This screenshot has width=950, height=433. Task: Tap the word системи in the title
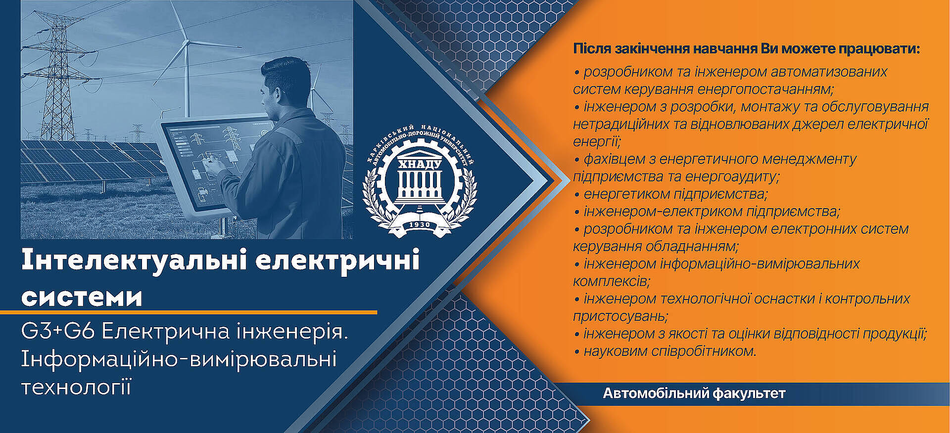pos(82,297)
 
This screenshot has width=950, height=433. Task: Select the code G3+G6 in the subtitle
pos(58,332)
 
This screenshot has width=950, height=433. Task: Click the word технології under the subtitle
pos(76,387)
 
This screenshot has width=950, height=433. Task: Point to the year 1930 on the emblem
pos(420,225)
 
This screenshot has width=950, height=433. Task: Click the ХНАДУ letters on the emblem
pos(420,164)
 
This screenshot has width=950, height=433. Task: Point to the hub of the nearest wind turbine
pos(187,43)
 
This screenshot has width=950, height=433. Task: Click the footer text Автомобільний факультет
pos(694,394)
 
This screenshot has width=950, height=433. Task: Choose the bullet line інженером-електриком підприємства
pos(707,212)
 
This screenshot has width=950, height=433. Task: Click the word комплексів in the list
pos(612,281)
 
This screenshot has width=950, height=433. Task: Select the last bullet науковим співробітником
pos(665,351)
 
